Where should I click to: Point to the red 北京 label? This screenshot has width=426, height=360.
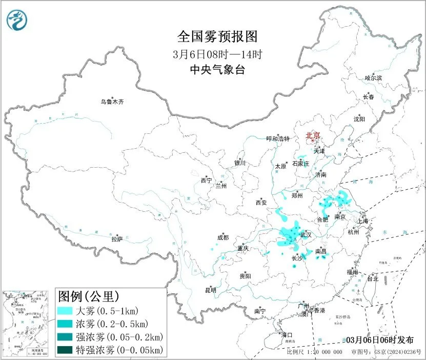click(x=313, y=135)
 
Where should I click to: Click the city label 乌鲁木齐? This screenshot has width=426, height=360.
click(x=112, y=102)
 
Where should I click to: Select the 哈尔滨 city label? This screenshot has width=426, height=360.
click(x=373, y=78)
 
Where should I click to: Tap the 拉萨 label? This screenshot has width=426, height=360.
click(x=117, y=238)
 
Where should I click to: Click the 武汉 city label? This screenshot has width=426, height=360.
click(x=306, y=234)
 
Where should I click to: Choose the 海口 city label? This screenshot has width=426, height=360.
click(x=288, y=335)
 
